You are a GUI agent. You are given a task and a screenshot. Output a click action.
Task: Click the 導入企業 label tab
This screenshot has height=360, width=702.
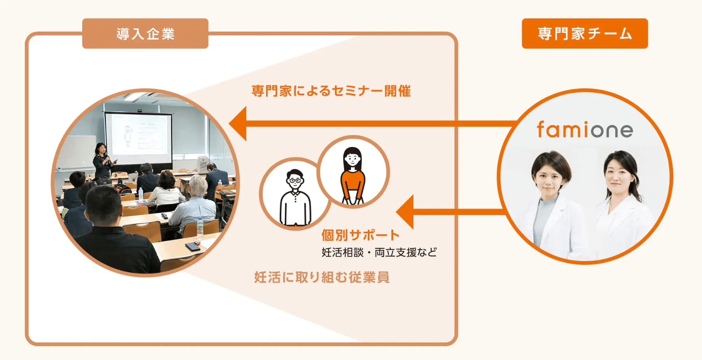[145, 33]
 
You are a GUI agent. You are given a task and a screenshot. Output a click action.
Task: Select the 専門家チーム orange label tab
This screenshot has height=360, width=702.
[585, 33]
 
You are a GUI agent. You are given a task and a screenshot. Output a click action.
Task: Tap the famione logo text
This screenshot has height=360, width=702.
[585, 129]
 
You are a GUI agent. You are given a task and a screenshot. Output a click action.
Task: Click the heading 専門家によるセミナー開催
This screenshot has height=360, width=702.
[331, 91]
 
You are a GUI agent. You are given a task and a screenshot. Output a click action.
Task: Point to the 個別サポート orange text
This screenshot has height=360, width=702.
[360, 235]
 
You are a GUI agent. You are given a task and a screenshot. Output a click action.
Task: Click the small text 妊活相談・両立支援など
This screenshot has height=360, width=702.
[379, 252]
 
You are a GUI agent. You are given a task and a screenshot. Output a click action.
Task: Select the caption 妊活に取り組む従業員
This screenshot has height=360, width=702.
[322, 277]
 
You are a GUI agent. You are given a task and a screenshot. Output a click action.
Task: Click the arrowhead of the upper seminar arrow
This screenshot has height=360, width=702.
[238, 124]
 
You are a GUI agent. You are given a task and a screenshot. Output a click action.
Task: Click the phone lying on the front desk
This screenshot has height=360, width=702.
[192, 247]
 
